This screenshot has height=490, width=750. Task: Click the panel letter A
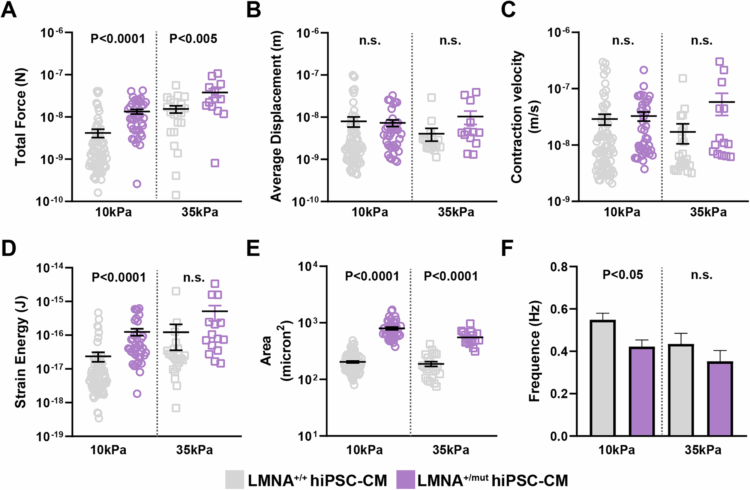(9, 10)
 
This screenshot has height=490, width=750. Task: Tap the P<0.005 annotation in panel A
(193, 39)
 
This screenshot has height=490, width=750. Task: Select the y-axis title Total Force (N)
(20, 117)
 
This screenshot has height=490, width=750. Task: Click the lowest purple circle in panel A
(137, 184)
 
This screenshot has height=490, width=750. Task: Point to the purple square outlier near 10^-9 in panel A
(215, 163)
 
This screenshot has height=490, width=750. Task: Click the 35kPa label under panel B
(456, 212)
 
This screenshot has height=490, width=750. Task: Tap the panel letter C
(508, 10)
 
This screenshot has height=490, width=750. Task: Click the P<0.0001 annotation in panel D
(118, 277)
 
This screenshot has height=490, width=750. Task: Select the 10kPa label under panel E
(364, 450)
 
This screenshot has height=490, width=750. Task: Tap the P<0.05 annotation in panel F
(622, 275)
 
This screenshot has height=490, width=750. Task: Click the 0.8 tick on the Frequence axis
(558, 267)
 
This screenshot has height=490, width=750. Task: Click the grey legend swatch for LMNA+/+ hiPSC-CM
(234, 480)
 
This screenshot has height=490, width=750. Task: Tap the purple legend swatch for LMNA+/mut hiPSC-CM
(406, 480)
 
